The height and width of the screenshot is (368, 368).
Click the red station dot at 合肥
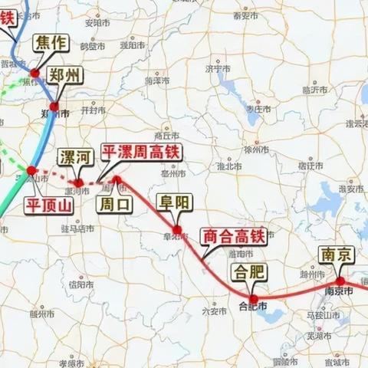[x=253, y=298]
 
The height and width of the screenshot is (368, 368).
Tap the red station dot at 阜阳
[x=177, y=229]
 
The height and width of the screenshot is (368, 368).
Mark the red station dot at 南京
[x=340, y=281]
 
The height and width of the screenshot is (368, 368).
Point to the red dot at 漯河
[x=78, y=183]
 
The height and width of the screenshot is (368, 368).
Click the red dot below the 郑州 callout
[x=54, y=106]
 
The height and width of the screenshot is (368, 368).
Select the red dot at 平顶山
[x=31, y=170]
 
